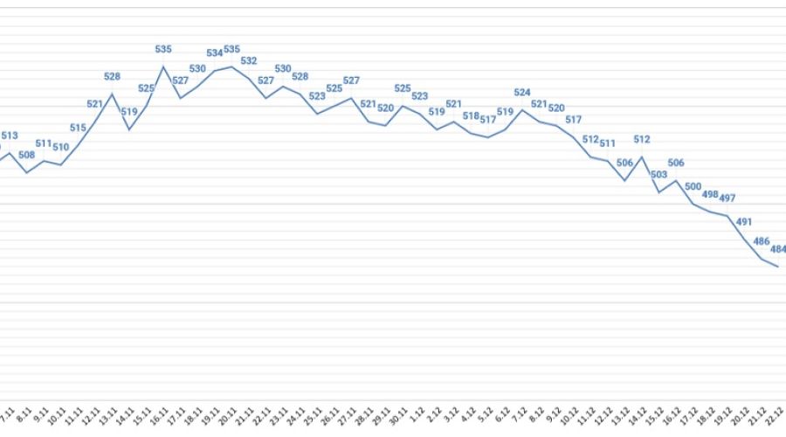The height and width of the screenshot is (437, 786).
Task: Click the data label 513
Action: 10,135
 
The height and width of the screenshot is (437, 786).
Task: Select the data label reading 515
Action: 78,128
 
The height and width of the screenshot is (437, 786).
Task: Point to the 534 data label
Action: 215,53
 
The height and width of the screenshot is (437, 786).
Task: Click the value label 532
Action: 249,61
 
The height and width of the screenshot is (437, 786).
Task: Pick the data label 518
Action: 471,115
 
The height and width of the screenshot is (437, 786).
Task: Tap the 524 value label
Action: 522,93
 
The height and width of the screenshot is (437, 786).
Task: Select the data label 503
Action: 659,175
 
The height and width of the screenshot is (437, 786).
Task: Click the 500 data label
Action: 693,186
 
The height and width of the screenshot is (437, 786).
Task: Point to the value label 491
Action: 744,222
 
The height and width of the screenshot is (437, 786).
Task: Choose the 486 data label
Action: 762,241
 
